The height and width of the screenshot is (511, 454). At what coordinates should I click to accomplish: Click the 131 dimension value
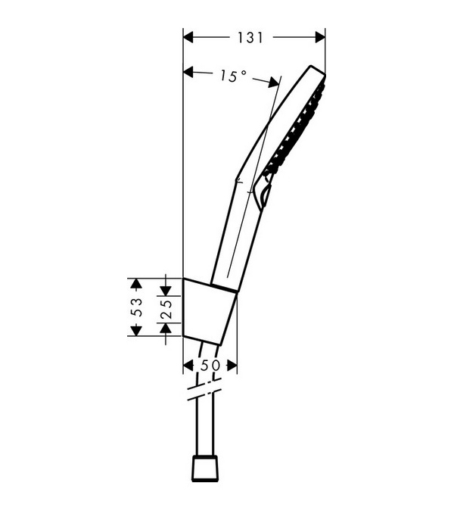(250, 38)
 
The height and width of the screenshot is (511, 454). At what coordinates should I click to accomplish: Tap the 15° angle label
(233, 76)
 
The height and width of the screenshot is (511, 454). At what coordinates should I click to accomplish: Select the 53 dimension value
(137, 307)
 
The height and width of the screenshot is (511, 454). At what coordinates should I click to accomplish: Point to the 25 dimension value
(166, 309)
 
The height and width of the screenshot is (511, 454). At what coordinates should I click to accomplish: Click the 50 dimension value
(210, 366)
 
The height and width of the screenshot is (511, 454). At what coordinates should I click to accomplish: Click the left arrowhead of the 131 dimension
(188, 38)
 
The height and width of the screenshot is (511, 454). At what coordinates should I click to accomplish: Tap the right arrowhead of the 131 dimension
(320, 38)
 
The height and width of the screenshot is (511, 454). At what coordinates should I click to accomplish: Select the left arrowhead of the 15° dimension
(188, 71)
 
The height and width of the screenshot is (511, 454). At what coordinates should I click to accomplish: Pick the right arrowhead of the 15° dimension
(274, 83)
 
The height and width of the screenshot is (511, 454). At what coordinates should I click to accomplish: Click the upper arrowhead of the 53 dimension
(136, 283)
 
